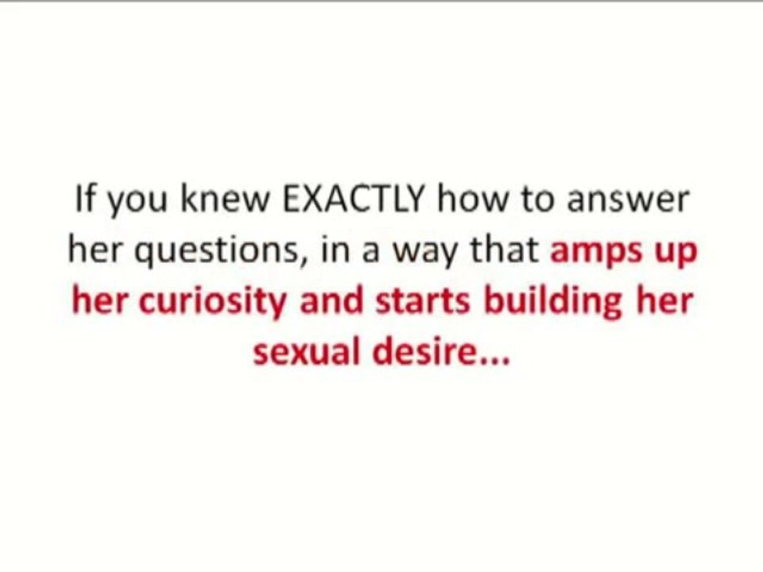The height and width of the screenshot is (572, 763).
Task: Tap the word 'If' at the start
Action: click(x=84, y=199)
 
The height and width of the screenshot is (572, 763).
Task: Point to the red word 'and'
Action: click(x=331, y=302)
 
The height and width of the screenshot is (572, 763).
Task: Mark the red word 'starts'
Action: click(x=417, y=303)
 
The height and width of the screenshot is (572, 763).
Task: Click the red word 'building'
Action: click(x=545, y=303)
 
